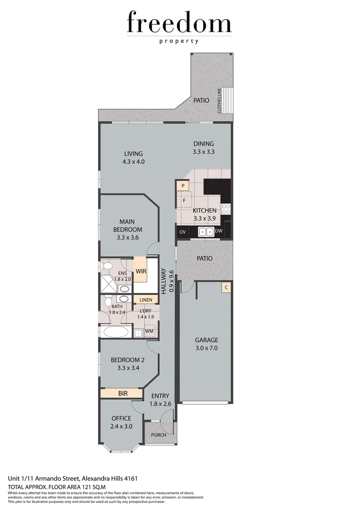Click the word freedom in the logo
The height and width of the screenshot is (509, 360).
179,23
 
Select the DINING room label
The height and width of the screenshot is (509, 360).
204,144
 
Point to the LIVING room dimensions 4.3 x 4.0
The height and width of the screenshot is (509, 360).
133,162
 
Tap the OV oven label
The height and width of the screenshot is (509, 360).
182,231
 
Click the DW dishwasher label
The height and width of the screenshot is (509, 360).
218,231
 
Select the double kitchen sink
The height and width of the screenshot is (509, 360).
205,231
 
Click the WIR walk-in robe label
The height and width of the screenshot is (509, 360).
140,271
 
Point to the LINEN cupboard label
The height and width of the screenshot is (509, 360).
146,300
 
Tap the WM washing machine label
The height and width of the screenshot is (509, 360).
149,331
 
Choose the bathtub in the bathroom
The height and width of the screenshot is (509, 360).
116,331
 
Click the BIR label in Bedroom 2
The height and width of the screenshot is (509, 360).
123,393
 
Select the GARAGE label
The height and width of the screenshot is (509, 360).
206,340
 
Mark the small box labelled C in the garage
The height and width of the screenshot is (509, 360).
227,287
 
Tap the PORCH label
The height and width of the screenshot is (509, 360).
159,435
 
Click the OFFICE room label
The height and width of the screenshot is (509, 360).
121,418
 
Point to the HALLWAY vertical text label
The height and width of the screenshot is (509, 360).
164,281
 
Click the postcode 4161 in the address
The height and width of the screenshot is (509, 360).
131,478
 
